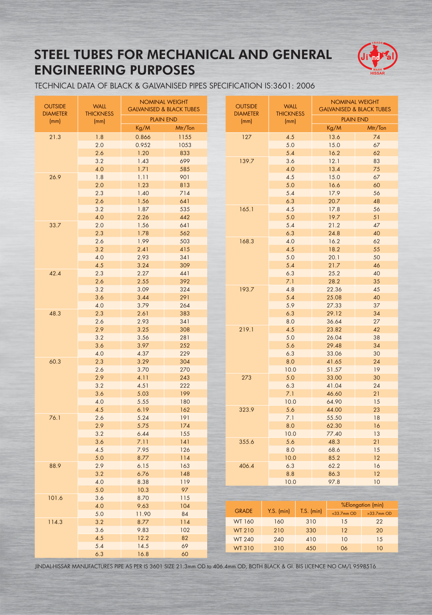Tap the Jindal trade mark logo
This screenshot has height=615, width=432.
click(x=377, y=57)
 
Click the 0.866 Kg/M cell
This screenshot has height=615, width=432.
click(x=143, y=137)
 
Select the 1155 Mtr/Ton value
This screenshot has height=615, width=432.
click(x=185, y=137)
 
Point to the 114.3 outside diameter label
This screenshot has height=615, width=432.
click(x=55, y=522)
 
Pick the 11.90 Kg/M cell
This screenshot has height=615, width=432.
click(x=143, y=514)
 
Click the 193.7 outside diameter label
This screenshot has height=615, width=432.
click(x=246, y=290)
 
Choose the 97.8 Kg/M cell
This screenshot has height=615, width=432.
click(x=334, y=482)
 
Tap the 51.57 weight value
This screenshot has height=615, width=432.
click(x=334, y=369)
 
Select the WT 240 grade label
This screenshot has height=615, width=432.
click(x=243, y=539)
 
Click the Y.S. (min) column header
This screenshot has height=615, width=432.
click(x=278, y=511)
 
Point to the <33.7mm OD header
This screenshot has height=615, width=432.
click(x=344, y=513)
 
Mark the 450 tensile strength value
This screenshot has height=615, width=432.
click(x=311, y=548)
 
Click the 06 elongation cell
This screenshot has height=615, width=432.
click(x=344, y=548)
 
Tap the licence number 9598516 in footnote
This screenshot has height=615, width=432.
click(x=364, y=567)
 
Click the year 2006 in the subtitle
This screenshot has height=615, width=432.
click(x=305, y=86)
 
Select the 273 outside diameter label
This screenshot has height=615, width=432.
click(x=246, y=378)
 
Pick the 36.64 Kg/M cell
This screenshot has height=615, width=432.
click(x=334, y=321)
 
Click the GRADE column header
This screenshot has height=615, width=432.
click(x=243, y=511)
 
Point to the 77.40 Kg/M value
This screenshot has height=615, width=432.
click(x=334, y=434)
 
